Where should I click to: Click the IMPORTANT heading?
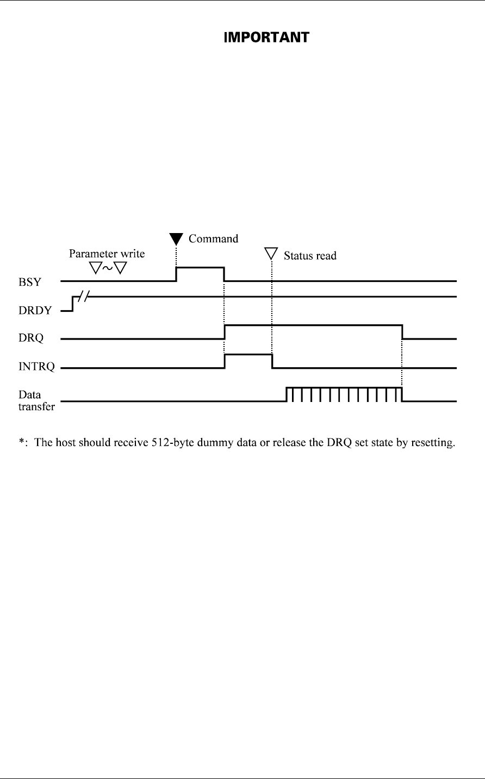pyautogui.click(x=267, y=37)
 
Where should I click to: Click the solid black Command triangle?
pyautogui.click(x=176, y=238)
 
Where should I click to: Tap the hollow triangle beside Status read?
pyautogui.click(x=271, y=254)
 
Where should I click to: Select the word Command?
pyautogui.click(x=213, y=238)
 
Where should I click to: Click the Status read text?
pyautogui.click(x=310, y=255)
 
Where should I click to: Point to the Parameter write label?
pyautogui.click(x=107, y=254)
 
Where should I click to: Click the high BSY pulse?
pyautogui.click(x=200, y=267)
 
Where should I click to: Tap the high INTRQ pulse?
pyautogui.click(x=248, y=354)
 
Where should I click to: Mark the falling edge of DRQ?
pyautogui.click(x=402, y=331)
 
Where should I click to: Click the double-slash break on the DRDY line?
pyautogui.click(x=85, y=296)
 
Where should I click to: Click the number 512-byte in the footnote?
pyautogui.click(x=192, y=444)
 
